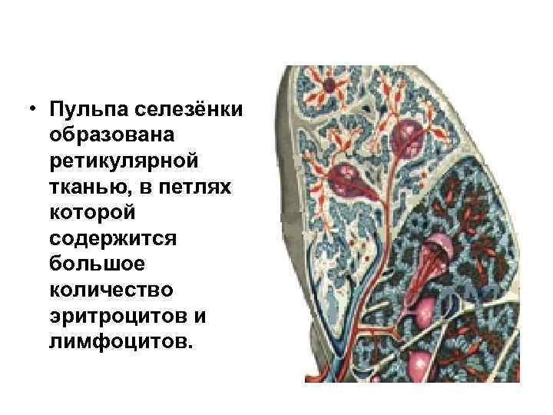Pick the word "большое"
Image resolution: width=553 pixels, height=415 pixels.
(x=94, y=264)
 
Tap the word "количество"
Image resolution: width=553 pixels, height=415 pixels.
(x=111, y=290)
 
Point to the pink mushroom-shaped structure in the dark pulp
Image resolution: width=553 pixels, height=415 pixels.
(x=439, y=254)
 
